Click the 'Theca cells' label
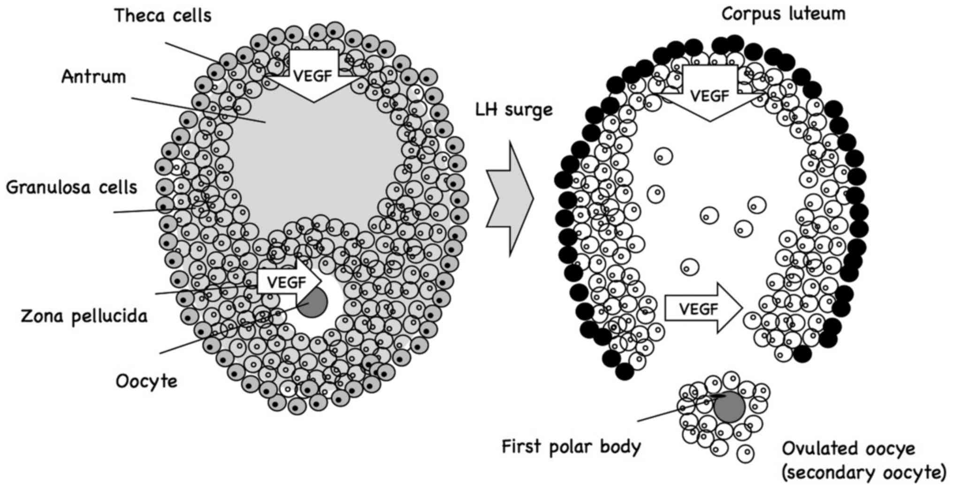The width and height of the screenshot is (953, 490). click(162, 16)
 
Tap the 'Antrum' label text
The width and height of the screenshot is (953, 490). click(94, 77)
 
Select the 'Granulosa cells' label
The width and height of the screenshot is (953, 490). click(71, 188)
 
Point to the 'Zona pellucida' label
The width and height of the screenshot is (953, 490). click(84, 316)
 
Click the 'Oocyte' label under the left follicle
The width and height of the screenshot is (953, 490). click(146, 381)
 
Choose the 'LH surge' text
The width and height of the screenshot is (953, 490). click(514, 110)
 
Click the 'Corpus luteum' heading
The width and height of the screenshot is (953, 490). click(783, 14)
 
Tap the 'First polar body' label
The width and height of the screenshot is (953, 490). click(571, 446)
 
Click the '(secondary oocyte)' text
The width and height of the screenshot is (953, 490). click(863, 473)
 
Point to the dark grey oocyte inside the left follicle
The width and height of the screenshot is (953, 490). click(312, 302)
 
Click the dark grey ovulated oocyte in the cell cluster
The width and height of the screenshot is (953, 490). click(729, 406)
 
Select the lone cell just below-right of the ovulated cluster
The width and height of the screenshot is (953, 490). click(745, 453)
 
